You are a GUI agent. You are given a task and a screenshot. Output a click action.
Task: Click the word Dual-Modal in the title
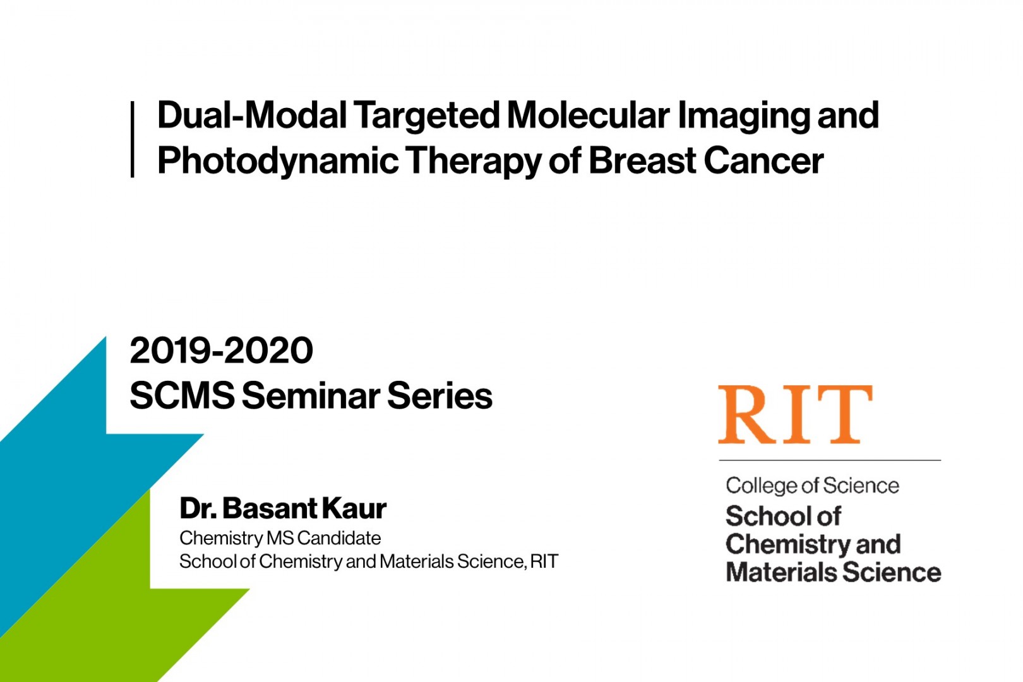251,115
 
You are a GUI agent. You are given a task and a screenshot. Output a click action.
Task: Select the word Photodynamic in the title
277,160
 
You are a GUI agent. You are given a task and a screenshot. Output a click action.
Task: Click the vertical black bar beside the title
132,139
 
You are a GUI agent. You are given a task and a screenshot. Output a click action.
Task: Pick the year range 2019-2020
221,350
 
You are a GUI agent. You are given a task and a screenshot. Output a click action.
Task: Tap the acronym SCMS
182,396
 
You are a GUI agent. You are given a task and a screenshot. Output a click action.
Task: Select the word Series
440,396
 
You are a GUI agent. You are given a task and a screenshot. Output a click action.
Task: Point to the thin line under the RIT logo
829,460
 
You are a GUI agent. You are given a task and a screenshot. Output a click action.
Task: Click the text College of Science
812,486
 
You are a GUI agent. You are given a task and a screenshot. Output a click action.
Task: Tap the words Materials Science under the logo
833,572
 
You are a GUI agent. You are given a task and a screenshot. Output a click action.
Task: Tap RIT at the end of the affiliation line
544,561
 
